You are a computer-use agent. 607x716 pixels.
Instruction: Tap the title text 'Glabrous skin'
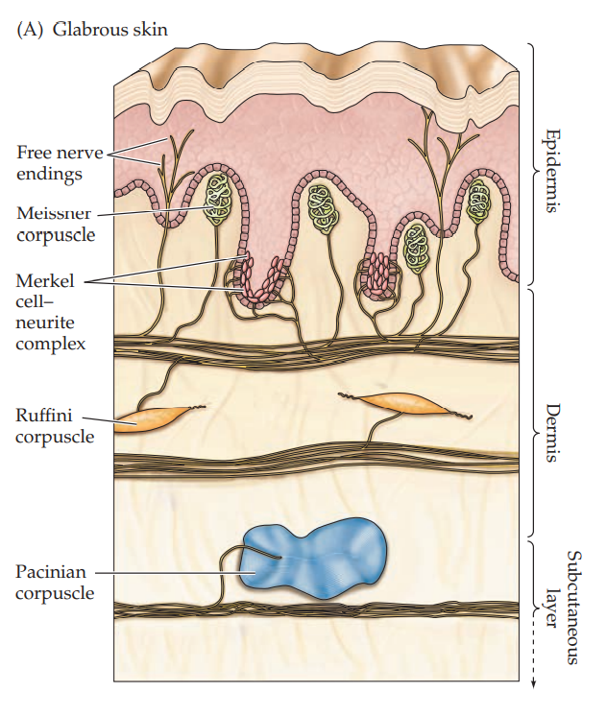coord(110,29)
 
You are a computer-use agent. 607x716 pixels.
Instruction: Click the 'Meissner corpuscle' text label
coord(55,222)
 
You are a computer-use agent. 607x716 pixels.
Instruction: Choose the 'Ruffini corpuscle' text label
coord(55,426)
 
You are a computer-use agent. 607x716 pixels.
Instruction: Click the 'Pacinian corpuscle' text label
coord(55,582)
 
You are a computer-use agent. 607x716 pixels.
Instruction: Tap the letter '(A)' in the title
coord(29,29)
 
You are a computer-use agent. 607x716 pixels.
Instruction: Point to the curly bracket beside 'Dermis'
coord(531,411)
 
